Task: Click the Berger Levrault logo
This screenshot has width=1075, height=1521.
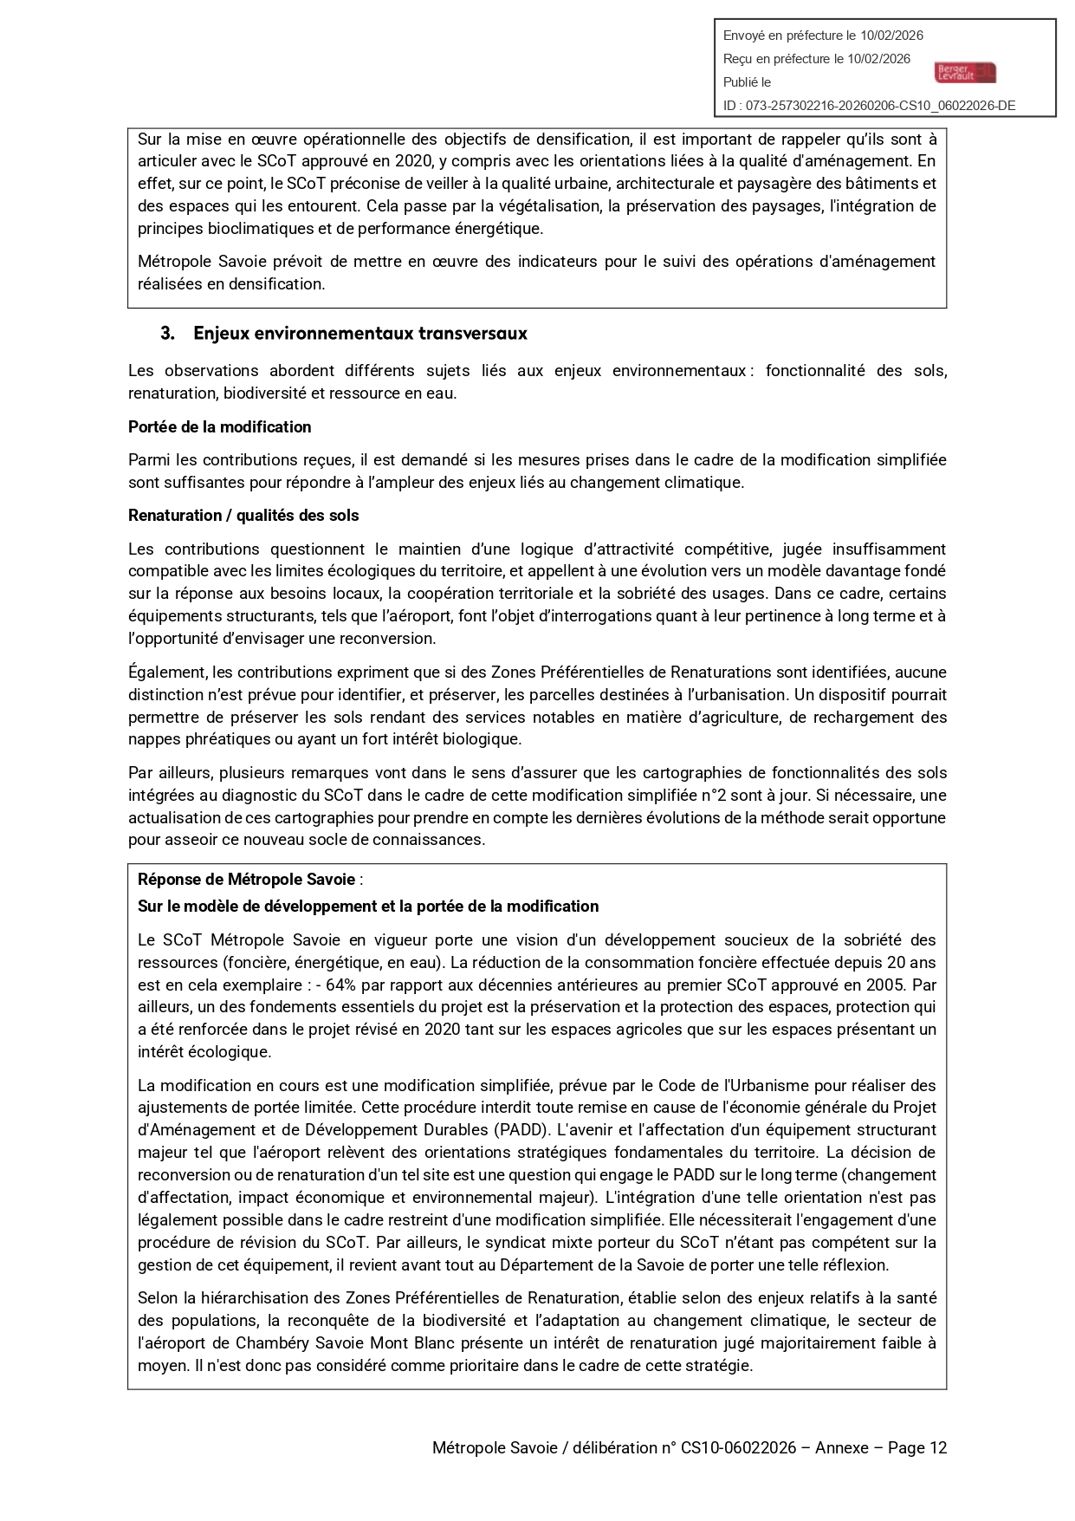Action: [965, 73]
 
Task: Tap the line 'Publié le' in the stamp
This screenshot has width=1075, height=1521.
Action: [747, 82]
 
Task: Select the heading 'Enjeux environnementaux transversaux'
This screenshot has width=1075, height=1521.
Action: [359, 334]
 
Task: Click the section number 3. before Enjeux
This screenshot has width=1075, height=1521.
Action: [167, 334]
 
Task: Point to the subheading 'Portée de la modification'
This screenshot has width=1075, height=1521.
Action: [219, 427]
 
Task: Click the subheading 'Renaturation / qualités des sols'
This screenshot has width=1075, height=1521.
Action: [243, 516]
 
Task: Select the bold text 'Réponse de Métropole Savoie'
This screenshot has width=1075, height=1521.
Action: [246, 880]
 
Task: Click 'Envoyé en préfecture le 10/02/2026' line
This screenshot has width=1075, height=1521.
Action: [823, 36]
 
